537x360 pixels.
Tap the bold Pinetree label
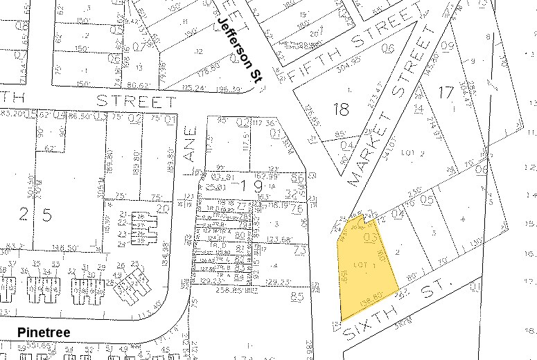[44, 334]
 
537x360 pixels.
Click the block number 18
[341, 109]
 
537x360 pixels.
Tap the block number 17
[446, 91]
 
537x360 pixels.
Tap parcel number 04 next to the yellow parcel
[399, 215]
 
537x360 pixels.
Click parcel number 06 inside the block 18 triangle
[387, 47]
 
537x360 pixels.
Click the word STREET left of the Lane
[136, 101]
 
